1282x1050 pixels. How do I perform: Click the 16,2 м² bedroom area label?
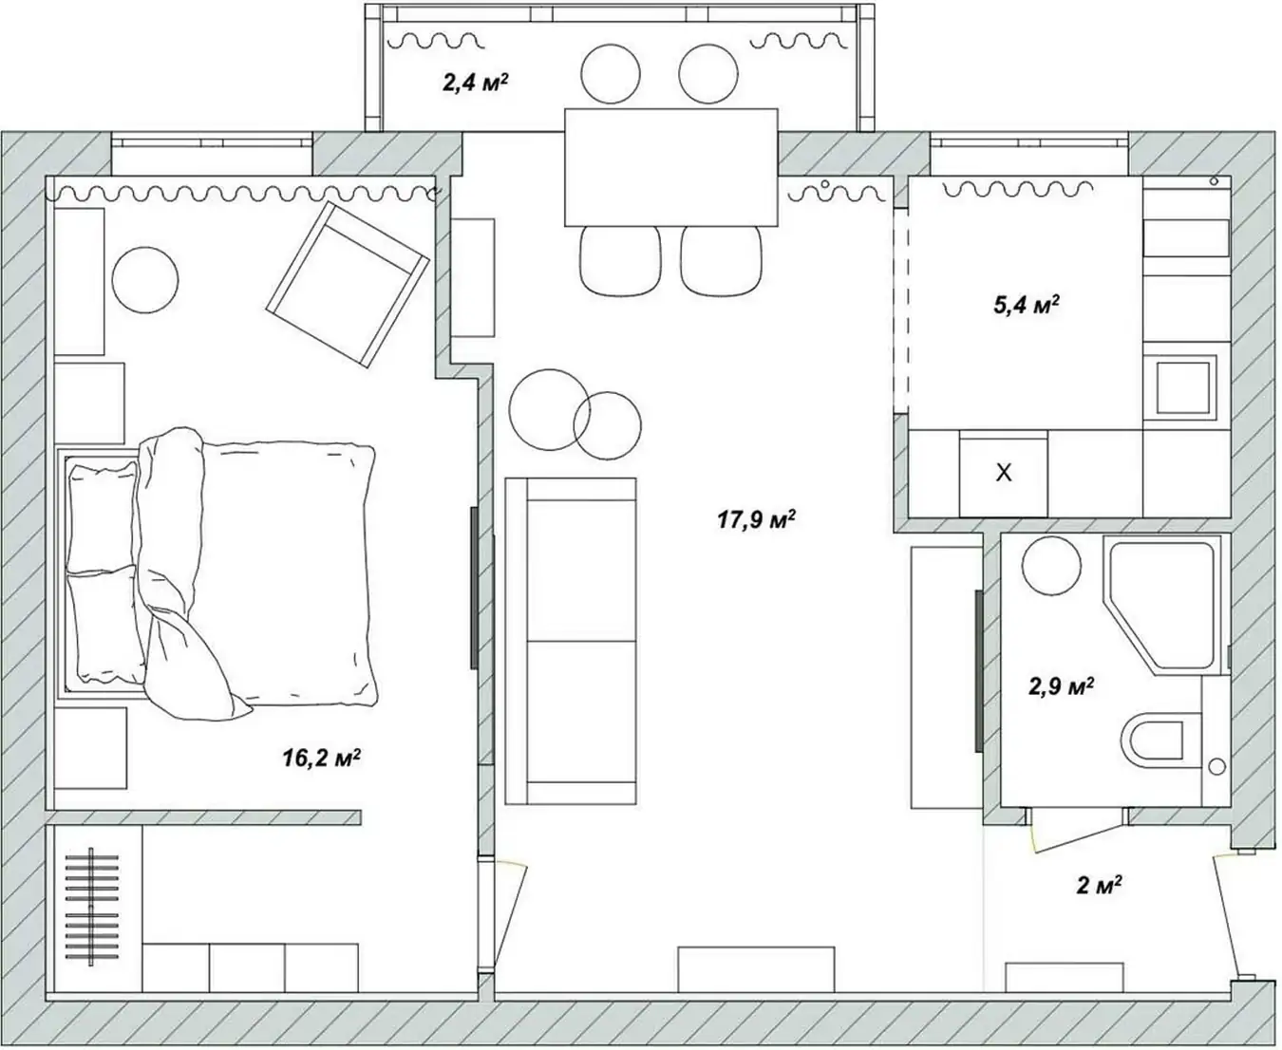pyautogui.click(x=322, y=758)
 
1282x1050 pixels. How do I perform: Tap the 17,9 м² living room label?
pyautogui.click(x=756, y=519)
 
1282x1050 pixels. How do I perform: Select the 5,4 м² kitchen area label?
pyautogui.click(x=1027, y=305)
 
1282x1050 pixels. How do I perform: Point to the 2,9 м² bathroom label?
pyautogui.click(x=1062, y=686)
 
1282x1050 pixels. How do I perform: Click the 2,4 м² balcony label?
pyautogui.click(x=476, y=82)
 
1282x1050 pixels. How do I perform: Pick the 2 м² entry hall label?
pyautogui.click(x=1099, y=885)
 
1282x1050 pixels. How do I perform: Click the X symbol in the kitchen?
pyautogui.click(x=1004, y=472)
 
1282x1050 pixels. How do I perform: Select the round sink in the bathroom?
pyautogui.click(x=1051, y=566)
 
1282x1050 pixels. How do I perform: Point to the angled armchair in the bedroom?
pyautogui.click(x=348, y=284)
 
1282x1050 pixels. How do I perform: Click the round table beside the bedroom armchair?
pyautogui.click(x=145, y=280)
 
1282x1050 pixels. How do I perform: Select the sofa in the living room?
pyautogui.click(x=571, y=641)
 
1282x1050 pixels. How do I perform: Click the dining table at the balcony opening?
pyautogui.click(x=671, y=167)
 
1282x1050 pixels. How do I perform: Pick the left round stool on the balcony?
pyautogui.click(x=611, y=74)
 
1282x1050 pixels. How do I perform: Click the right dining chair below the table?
pyautogui.click(x=722, y=261)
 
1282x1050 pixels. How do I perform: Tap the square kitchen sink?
pyautogui.click(x=1183, y=387)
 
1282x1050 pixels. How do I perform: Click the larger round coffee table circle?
pyautogui.click(x=549, y=409)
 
